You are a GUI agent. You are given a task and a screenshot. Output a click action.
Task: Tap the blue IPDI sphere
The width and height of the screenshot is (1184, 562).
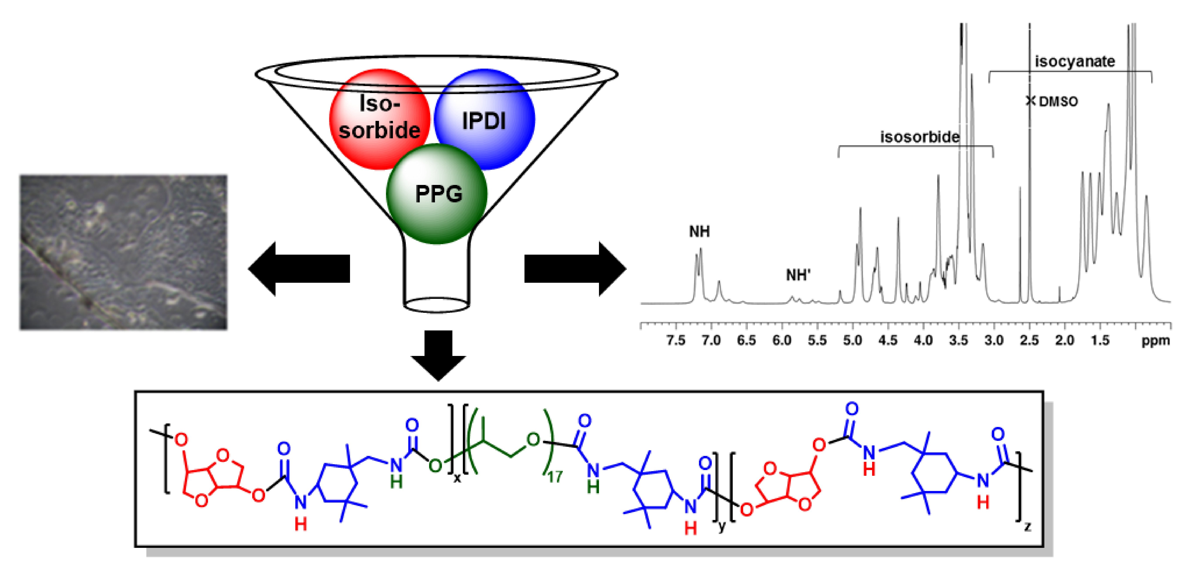tap(484, 119)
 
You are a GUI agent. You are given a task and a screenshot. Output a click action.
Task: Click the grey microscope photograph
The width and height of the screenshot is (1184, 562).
tap(123, 252)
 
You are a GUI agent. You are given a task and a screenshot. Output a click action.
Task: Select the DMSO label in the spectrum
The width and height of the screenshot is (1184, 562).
tap(1058, 102)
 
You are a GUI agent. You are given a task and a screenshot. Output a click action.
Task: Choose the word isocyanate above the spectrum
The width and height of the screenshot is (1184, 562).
tap(1075, 61)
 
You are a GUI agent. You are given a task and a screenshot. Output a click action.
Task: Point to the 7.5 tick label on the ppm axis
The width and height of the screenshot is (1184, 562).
tap(676, 340)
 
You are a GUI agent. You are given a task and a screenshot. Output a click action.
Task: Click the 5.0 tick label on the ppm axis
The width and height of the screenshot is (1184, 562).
tap(853, 340)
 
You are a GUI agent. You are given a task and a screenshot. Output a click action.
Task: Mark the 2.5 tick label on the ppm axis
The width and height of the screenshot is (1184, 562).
tap(1030, 340)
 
